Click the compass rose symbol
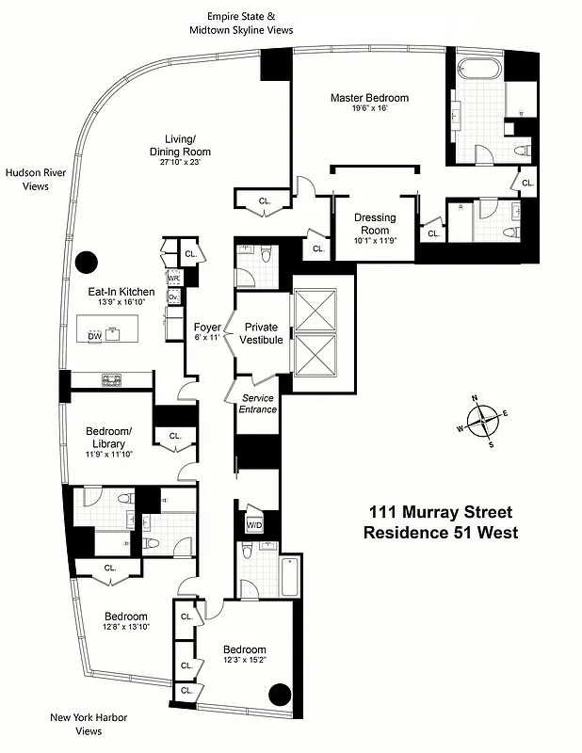(x=482, y=420)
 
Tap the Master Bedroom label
(x=368, y=97)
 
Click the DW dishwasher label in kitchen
(x=94, y=336)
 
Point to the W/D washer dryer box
(x=254, y=524)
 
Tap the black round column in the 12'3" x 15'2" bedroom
(x=279, y=696)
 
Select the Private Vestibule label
(x=262, y=333)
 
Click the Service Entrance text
(x=256, y=403)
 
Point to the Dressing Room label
(x=374, y=223)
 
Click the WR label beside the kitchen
(x=173, y=279)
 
